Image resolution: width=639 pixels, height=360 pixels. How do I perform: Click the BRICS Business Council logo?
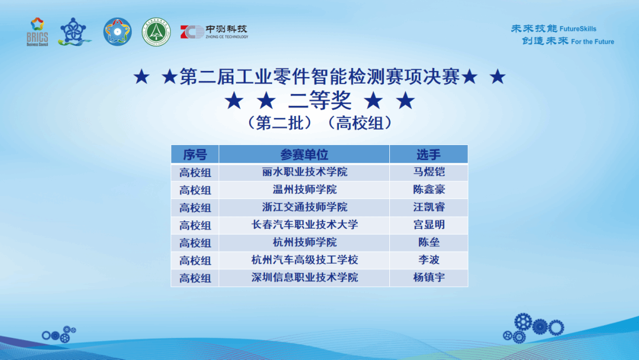pyautogui.click(x=37, y=32)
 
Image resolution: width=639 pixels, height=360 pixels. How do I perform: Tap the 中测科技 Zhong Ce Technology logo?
pyautogui.click(x=214, y=32)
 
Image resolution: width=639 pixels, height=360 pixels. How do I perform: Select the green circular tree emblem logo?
pyautogui.click(x=156, y=32)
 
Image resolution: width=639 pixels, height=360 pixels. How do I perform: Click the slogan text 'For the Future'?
pyautogui.click(x=592, y=41)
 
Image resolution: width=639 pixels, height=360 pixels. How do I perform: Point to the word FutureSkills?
pyautogui.click(x=578, y=29)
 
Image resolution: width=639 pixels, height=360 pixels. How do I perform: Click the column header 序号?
pyautogui.click(x=195, y=155)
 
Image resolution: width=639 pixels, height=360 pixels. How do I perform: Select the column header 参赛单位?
pyautogui.click(x=304, y=155)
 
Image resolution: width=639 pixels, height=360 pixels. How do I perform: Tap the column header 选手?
pyautogui.click(x=428, y=155)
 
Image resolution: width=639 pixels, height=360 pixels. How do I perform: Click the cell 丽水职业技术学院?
pyautogui.click(x=305, y=172)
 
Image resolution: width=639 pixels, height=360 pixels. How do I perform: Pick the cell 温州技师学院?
pyautogui.click(x=305, y=189)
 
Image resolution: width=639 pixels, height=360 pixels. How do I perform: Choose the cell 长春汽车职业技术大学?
pyautogui.click(x=305, y=224)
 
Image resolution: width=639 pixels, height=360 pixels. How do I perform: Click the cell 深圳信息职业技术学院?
pyautogui.click(x=305, y=278)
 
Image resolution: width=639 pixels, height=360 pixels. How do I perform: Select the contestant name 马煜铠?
pyautogui.click(x=429, y=172)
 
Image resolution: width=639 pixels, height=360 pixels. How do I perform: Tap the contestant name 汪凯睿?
pyautogui.click(x=429, y=207)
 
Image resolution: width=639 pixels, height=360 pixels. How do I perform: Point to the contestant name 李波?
pyautogui.click(x=429, y=260)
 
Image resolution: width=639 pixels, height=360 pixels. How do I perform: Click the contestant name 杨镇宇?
pyautogui.click(x=429, y=278)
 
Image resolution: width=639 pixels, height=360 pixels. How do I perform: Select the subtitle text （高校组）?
pyautogui.click(x=360, y=123)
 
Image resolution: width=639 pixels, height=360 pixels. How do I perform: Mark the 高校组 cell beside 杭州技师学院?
pyautogui.click(x=195, y=243)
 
